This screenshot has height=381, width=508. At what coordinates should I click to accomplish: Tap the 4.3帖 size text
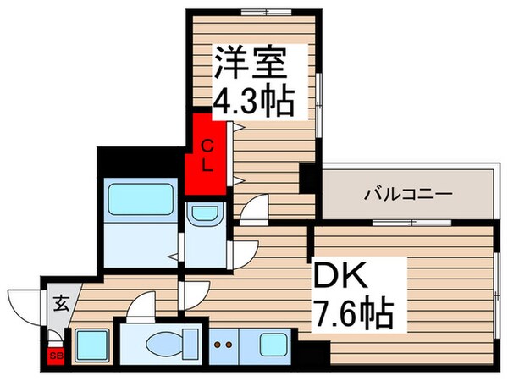[251, 102]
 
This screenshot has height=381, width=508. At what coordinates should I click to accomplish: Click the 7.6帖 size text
[355, 316]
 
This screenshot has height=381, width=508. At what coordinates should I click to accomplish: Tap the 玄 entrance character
[62, 300]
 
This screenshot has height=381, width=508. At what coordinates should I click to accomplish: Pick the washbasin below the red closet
[204, 216]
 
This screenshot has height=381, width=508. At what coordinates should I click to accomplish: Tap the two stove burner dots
[224, 345]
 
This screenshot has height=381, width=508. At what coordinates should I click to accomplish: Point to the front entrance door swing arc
[24, 301]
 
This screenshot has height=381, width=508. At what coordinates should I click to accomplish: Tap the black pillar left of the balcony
[307, 179]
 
